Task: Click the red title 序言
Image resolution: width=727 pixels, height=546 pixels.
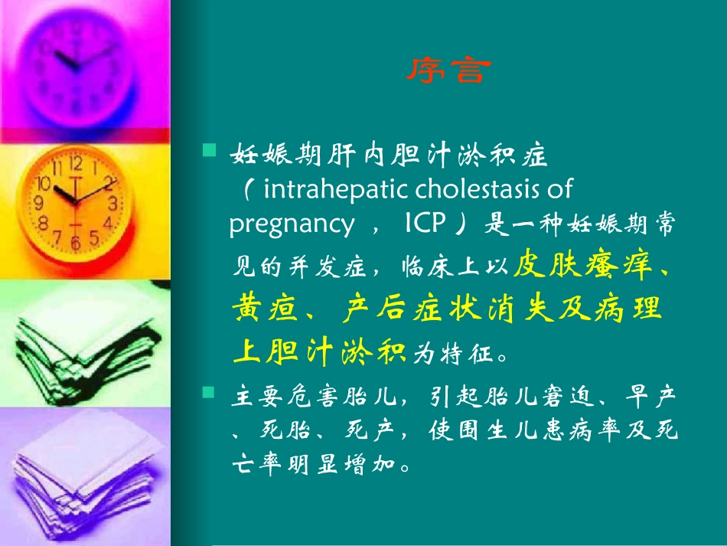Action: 447,71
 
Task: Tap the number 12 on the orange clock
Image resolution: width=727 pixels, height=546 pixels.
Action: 76,162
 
